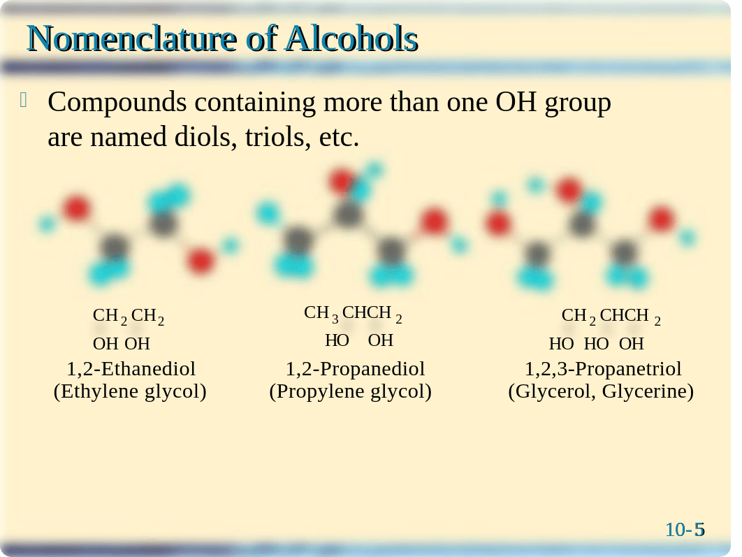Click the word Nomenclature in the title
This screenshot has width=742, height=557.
131,38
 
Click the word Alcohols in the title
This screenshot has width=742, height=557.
351,38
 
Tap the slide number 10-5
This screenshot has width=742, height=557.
685,530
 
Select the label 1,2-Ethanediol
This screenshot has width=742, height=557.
131,368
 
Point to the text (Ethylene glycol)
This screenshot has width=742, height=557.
130,391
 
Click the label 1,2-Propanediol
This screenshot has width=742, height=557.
355,368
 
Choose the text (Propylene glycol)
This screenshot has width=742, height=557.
350,391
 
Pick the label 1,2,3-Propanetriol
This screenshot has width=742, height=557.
603,368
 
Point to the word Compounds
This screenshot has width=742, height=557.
117,103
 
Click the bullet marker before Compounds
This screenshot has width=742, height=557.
24,100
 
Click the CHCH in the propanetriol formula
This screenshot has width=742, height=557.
624,315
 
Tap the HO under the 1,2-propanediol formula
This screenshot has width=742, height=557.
337,340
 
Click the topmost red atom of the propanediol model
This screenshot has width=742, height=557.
341,181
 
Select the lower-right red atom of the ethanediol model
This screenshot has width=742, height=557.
200,260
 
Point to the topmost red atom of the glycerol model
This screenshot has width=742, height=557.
568,190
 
